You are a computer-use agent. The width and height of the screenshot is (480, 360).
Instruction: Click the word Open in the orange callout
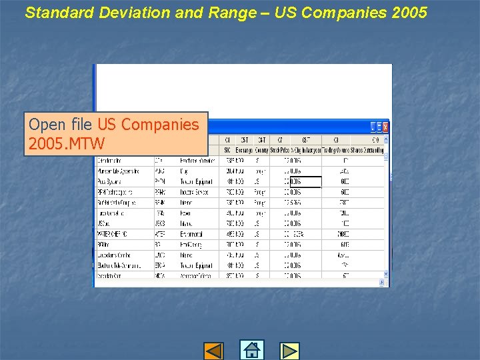[47, 125]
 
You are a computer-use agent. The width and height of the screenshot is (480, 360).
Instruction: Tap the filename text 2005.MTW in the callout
[67, 143]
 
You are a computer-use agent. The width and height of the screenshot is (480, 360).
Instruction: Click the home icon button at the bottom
[251, 350]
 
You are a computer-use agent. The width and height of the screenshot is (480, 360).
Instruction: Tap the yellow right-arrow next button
[289, 351]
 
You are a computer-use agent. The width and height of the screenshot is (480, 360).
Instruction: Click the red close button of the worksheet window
[385, 127]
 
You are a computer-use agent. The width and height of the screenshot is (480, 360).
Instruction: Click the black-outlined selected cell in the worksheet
[306, 181]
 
